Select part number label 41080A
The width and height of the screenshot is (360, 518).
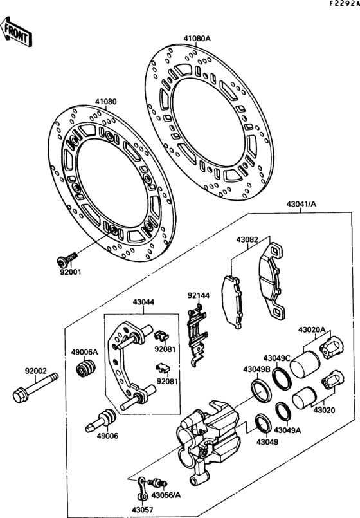click(x=198, y=38)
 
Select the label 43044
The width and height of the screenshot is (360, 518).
click(x=144, y=301)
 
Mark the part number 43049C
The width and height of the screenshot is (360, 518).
click(x=278, y=357)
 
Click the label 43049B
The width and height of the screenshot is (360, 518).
click(x=256, y=369)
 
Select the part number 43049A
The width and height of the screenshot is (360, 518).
click(x=287, y=430)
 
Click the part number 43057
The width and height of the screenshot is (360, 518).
click(x=144, y=510)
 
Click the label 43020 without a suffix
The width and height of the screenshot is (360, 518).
click(x=325, y=409)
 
